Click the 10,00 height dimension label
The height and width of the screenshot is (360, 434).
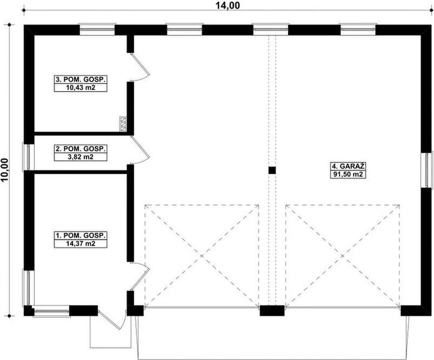click(5, 169)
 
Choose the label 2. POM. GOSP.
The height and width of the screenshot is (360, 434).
click(80, 148)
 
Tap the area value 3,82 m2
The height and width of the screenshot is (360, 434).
click(80, 157)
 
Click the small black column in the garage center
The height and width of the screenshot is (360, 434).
click(272, 170)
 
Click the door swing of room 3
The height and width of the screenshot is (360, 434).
click(140, 67)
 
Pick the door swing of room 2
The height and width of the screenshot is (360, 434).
click(140, 150)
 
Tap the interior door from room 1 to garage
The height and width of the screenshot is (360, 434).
click(139, 277)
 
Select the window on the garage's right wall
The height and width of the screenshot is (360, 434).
click(427, 170)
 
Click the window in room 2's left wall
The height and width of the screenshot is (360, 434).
click(26, 157)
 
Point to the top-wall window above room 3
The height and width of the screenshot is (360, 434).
click(97, 28)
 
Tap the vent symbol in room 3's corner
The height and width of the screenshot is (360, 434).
click(123, 124)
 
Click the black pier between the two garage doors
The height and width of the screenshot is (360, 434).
click(272, 311)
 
